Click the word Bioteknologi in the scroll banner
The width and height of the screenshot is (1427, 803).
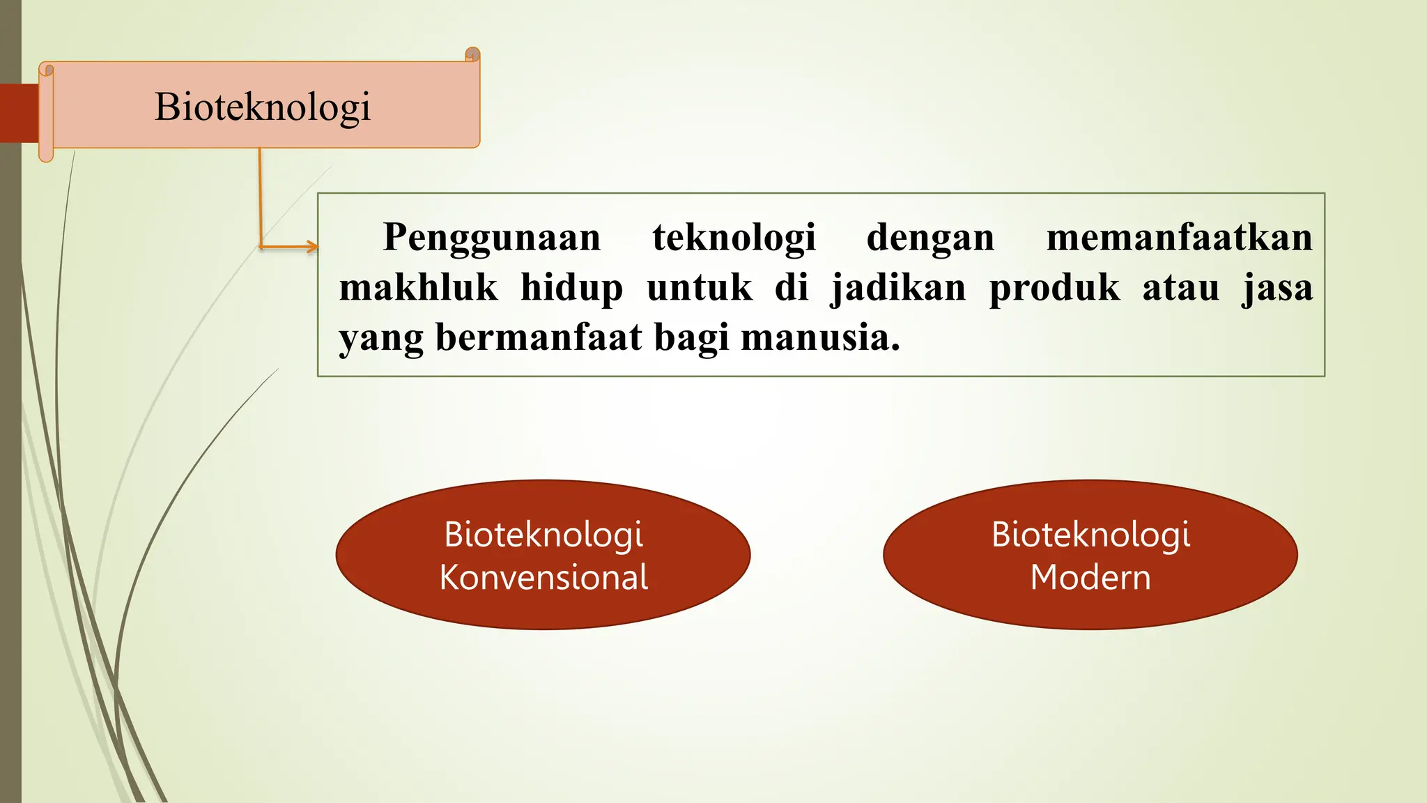[x=262, y=107]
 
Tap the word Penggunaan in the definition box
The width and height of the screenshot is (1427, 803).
[x=491, y=238]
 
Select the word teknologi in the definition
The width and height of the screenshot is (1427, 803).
[x=734, y=238]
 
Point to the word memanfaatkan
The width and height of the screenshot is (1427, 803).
[x=1179, y=238]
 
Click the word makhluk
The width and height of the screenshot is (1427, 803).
[x=418, y=288]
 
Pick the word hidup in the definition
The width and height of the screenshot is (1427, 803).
[x=571, y=288]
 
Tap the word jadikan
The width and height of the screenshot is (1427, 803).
[x=898, y=288]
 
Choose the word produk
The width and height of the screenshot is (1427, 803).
[x=1054, y=288]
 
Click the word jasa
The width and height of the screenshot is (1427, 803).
[x=1277, y=288]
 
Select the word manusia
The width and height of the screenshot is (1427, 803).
[x=820, y=338]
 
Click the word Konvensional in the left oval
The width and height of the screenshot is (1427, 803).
[x=543, y=578]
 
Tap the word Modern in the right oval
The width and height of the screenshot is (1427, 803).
[x=1090, y=578]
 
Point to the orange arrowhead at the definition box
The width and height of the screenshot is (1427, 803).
[x=312, y=246]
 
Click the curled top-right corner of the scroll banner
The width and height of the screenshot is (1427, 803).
[x=472, y=54]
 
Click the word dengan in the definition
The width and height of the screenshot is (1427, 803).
[x=930, y=238]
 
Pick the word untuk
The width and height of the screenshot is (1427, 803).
[x=700, y=288]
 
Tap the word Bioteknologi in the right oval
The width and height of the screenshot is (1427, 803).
[x=1090, y=535]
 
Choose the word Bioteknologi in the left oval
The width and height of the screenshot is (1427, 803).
[x=543, y=535]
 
